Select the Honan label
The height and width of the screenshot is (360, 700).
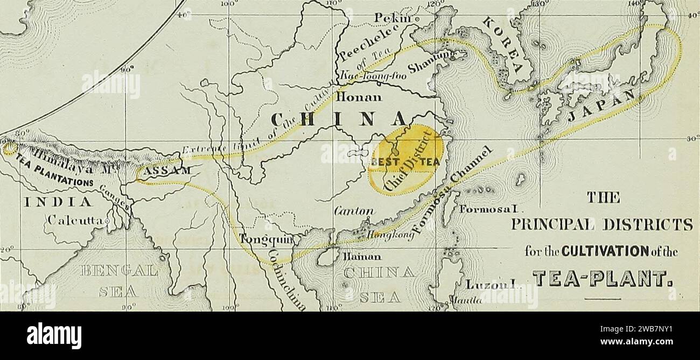[x=359, y=98]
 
